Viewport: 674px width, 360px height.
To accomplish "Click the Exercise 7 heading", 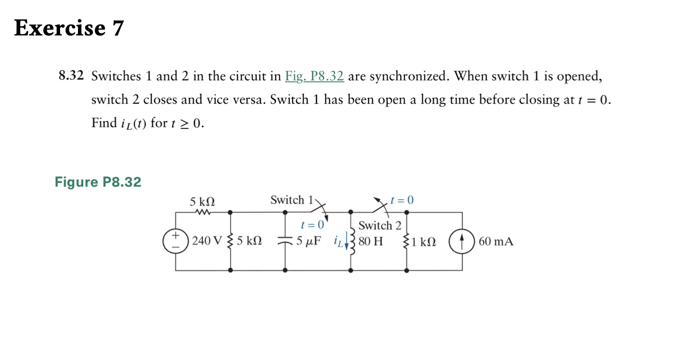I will (x=69, y=28).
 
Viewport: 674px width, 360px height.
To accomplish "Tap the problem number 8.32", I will (x=71, y=76).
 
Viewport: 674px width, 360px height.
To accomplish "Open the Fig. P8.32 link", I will (x=314, y=76).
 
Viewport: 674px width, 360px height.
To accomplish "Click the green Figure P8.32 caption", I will (x=98, y=182).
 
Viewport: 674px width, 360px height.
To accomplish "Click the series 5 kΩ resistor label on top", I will (x=202, y=202).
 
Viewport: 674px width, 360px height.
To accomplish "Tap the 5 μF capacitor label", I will (x=308, y=241).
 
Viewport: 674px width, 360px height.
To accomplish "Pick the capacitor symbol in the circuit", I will (x=285, y=241).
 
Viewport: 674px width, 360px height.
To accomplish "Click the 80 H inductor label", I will (x=371, y=241).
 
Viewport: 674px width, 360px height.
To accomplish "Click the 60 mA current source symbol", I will (x=462, y=241).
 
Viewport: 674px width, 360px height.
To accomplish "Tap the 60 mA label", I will (x=496, y=241).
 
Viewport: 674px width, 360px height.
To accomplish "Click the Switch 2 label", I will (x=380, y=225).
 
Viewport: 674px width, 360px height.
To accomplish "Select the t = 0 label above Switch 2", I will (x=402, y=200).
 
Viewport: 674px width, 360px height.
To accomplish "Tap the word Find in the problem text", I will (x=104, y=123).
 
